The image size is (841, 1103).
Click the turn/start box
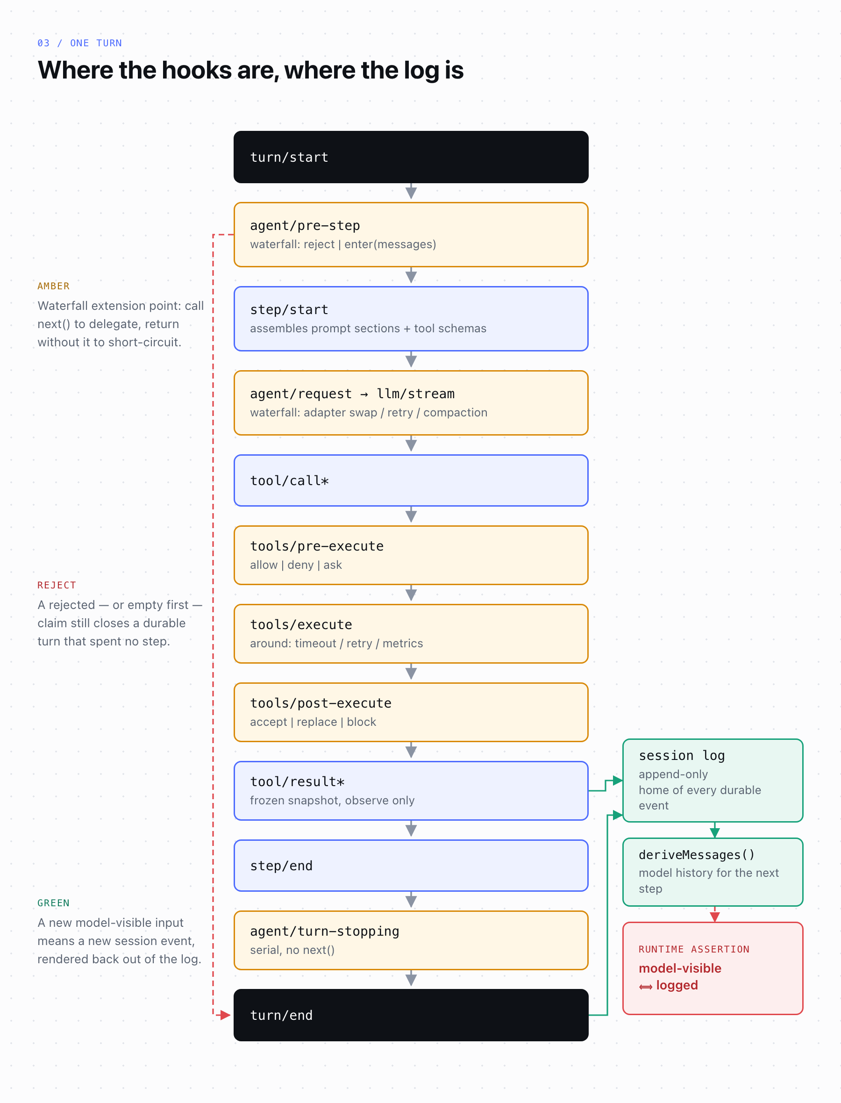(x=411, y=157)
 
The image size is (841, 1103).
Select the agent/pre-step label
(x=305, y=226)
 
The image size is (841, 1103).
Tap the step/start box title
(x=289, y=310)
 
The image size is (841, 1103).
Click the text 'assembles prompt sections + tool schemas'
(x=368, y=329)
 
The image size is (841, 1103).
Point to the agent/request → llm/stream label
(x=352, y=394)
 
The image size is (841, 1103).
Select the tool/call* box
(x=411, y=480)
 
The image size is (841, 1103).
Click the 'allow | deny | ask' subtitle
(x=296, y=565)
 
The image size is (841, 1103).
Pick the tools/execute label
(x=301, y=625)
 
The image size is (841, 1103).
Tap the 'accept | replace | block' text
(x=313, y=722)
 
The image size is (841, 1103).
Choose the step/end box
(x=411, y=866)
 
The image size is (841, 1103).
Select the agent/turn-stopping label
(x=324, y=931)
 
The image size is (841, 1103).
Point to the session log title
(x=682, y=756)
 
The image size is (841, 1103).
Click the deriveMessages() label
(x=696, y=855)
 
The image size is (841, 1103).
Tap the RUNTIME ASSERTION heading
(x=694, y=949)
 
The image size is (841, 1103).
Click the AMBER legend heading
(x=54, y=286)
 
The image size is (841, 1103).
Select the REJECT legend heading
(x=57, y=585)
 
